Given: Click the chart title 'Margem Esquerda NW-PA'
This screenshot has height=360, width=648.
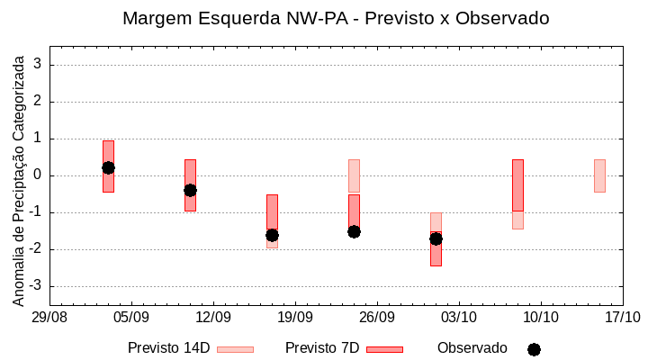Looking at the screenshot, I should [335, 18].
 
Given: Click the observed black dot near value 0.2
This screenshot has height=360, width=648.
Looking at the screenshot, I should [108, 167].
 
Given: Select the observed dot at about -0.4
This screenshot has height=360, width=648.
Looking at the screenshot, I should [190, 190].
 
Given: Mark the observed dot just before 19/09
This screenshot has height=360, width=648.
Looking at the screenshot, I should [272, 235].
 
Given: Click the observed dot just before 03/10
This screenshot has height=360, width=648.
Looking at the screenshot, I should [436, 238].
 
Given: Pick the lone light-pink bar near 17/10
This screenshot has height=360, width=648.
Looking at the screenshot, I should [599, 175].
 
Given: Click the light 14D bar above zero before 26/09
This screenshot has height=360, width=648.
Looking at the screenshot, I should [354, 175].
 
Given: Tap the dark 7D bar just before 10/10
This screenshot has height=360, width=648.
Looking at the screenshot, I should [517, 185].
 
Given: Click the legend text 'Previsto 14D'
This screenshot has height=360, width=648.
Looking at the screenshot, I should [168, 348].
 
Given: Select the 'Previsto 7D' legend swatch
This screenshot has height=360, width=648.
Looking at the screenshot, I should [384, 349].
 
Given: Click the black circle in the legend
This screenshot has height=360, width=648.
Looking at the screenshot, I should [534, 349].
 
